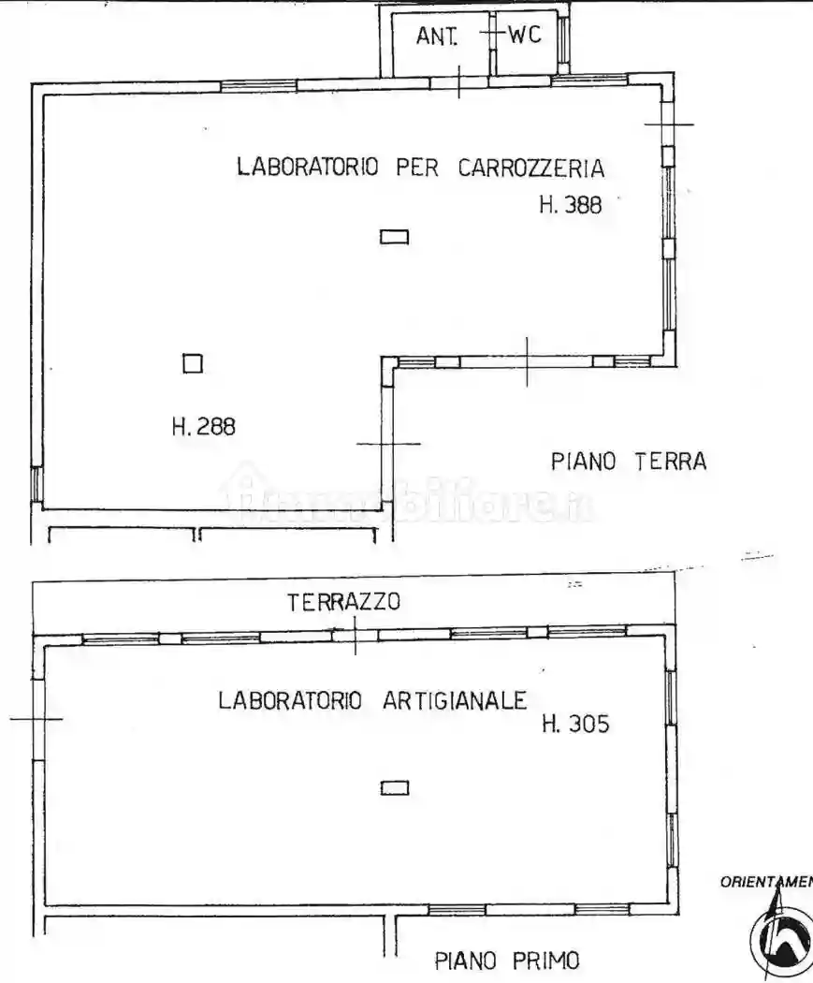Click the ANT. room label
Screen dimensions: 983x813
pos(436,37)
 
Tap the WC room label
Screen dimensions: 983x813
pos(526,36)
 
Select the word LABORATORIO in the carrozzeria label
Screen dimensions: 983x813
pos(308,168)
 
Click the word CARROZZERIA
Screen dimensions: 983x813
pos(531,169)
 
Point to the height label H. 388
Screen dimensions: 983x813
pos(570,205)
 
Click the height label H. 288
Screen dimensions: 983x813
pos(203,427)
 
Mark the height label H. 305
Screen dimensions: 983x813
pos(575,724)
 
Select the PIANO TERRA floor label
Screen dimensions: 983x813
pos(628,462)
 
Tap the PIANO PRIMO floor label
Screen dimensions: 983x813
pos(507,961)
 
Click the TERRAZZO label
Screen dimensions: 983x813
pos(343,602)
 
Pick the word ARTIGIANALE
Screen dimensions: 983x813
pos(456,700)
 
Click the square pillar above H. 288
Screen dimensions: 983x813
pos(193,363)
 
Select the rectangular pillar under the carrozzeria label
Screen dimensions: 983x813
pos(394,237)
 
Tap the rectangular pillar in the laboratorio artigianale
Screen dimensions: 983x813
pos(394,788)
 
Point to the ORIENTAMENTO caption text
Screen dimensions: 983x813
pos(765,882)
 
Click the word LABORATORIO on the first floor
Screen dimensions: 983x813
pos(290,700)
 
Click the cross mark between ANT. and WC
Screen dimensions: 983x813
pos(492,33)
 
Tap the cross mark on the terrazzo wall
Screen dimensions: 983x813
pos(355,635)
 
